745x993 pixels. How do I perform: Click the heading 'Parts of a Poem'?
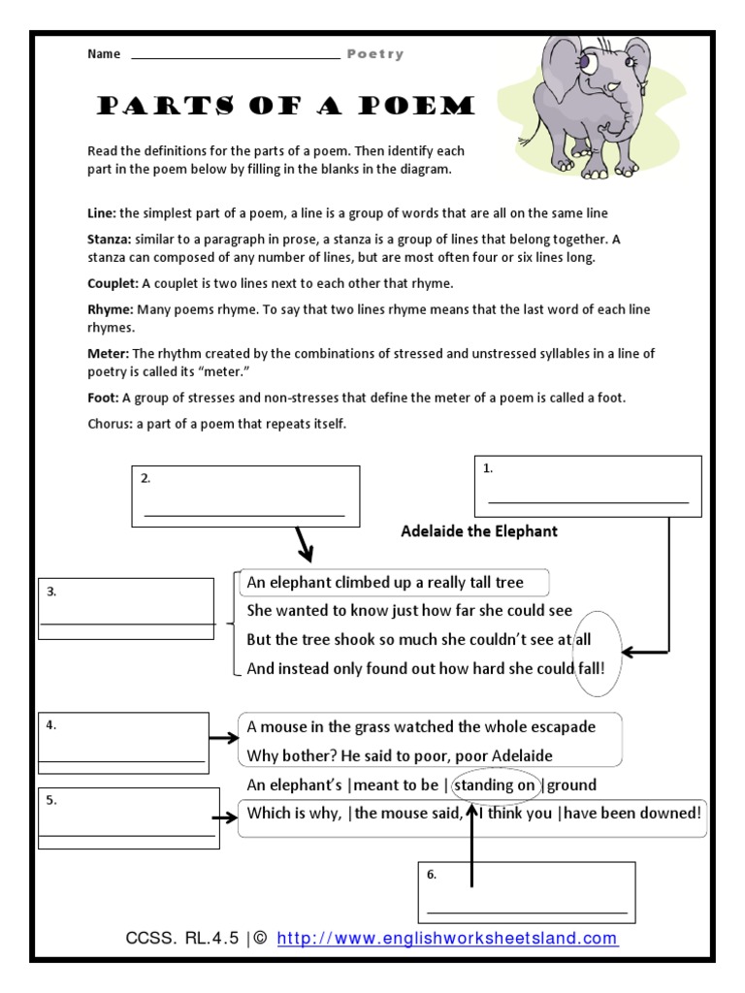(x=284, y=106)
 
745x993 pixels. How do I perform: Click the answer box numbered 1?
(x=587, y=486)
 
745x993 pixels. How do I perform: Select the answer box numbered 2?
(x=245, y=496)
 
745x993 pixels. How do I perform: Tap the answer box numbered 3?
(x=126, y=609)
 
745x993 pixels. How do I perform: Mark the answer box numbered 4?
(x=123, y=744)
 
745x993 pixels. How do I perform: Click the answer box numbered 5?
(x=129, y=817)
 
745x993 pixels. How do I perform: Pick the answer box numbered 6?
(x=527, y=891)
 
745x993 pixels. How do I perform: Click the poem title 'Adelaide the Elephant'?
(x=479, y=531)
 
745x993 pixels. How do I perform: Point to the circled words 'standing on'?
(x=496, y=785)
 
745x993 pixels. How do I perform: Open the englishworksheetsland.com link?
(x=447, y=939)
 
